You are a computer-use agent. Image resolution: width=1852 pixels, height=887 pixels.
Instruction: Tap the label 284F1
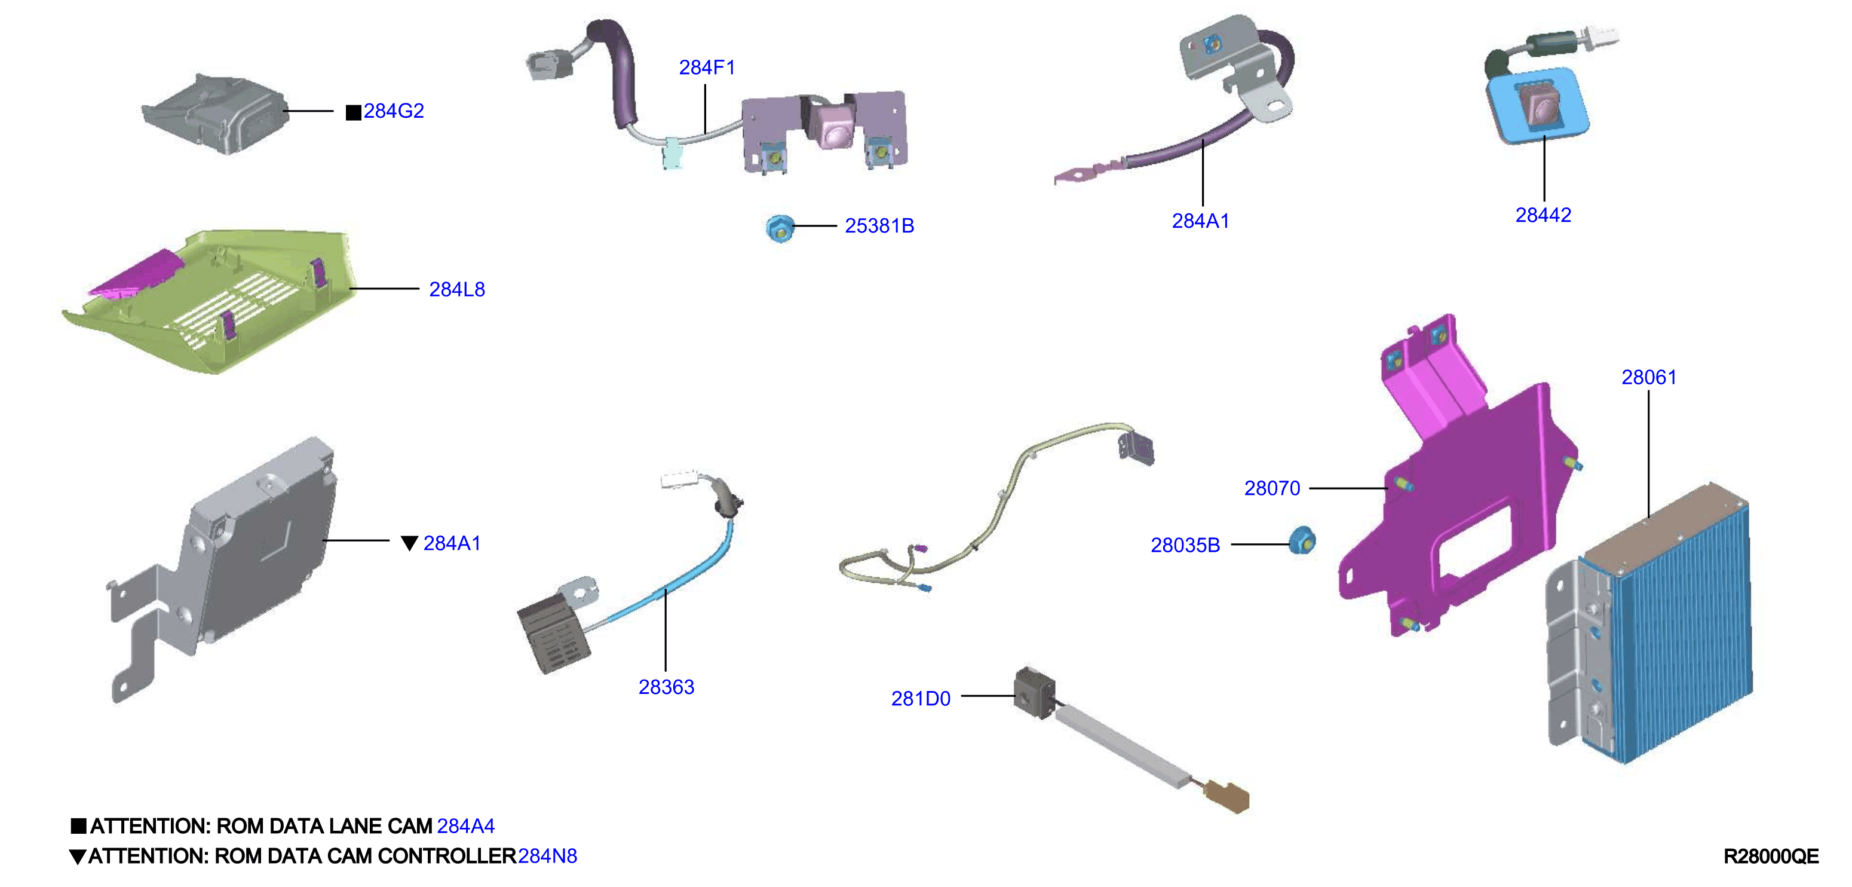point(707,68)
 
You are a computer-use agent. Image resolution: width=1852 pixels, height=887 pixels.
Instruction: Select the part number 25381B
point(879,226)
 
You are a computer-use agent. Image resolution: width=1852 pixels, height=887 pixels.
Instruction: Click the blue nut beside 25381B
point(780,228)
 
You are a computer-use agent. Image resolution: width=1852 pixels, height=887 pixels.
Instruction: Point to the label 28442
point(1543,215)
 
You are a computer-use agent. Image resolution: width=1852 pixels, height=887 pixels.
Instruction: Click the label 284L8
point(456,289)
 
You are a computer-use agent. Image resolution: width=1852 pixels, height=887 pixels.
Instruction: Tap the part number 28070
point(1272,488)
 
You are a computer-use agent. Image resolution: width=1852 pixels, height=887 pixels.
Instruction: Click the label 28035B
point(1185,545)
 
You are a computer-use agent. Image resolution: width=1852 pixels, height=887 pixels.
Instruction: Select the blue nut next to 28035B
point(1302,541)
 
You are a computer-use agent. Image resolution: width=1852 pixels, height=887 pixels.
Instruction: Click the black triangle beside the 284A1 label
point(409,543)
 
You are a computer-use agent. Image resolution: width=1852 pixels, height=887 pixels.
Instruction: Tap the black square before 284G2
point(353,112)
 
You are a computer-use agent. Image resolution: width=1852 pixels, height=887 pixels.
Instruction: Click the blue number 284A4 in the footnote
point(465,826)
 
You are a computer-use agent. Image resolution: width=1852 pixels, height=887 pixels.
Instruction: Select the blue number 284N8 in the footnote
point(547,856)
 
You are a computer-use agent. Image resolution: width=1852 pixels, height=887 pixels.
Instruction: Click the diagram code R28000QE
point(1771,856)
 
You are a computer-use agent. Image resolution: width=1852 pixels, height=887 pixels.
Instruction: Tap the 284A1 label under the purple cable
point(1200,221)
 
